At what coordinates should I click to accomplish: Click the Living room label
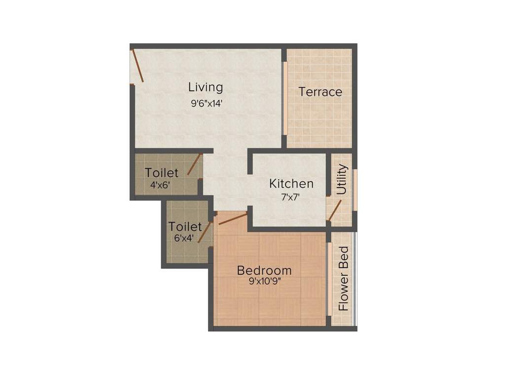point(206,87)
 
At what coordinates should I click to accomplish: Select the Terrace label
point(321,92)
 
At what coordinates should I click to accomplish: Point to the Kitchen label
point(291,184)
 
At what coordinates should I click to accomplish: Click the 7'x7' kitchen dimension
point(291,196)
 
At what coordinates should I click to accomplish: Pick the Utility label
point(342,179)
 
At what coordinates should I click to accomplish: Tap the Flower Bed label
point(344,279)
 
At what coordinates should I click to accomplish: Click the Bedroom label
point(264,270)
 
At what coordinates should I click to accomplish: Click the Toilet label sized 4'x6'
point(162,173)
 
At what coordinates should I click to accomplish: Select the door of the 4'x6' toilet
point(195,164)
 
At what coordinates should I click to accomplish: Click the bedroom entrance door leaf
point(232,219)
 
